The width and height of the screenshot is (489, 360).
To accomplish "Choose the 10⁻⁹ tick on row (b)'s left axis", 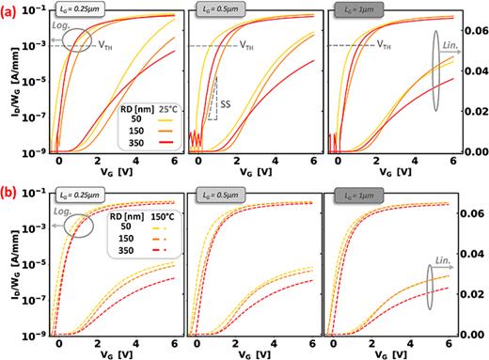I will [x=35, y=335].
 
